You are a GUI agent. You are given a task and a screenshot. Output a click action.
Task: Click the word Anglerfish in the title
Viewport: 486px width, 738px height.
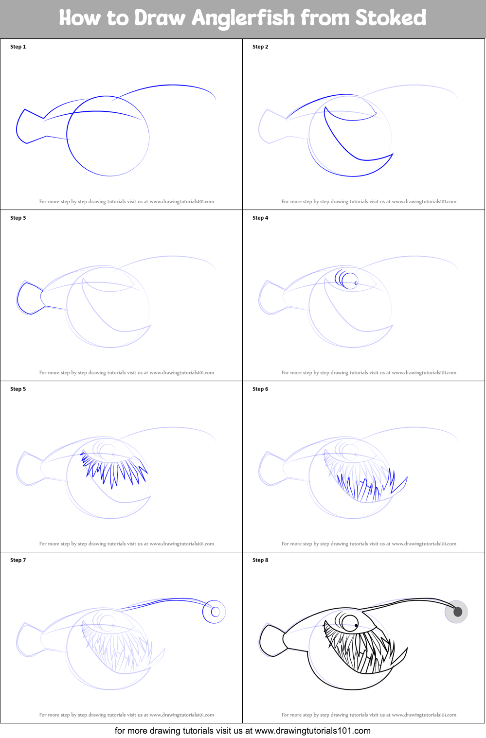[x=243, y=18]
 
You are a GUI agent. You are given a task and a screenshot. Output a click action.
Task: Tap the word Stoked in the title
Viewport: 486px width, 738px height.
[x=390, y=18]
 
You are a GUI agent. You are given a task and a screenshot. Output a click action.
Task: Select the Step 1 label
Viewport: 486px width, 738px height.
[x=18, y=47]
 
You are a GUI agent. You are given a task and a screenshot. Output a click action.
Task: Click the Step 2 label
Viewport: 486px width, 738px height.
[x=260, y=47]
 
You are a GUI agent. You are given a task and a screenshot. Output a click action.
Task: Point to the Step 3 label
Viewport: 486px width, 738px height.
[x=18, y=218]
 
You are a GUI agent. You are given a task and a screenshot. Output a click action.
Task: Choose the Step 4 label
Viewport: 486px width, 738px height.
[x=260, y=218]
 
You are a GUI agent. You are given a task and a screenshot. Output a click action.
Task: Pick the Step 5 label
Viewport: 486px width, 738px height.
[x=18, y=389]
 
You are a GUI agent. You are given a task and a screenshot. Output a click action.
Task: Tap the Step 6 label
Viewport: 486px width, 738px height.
[x=260, y=389]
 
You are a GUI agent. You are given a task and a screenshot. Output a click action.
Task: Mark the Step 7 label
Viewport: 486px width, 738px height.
[x=18, y=560]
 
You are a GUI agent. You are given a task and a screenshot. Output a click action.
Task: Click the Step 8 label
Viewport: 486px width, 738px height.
[x=260, y=560]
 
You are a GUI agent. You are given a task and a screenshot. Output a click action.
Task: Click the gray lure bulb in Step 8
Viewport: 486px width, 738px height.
[x=456, y=612]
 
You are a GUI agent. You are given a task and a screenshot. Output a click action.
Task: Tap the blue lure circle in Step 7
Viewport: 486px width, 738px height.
[x=214, y=612]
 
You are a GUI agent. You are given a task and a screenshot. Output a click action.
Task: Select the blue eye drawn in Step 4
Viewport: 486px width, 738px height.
[x=348, y=280]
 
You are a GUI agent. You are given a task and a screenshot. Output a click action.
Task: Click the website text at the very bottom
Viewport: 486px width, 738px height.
[x=243, y=731]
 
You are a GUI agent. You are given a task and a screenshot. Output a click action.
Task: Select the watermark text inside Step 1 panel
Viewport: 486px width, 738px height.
[x=126, y=201]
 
